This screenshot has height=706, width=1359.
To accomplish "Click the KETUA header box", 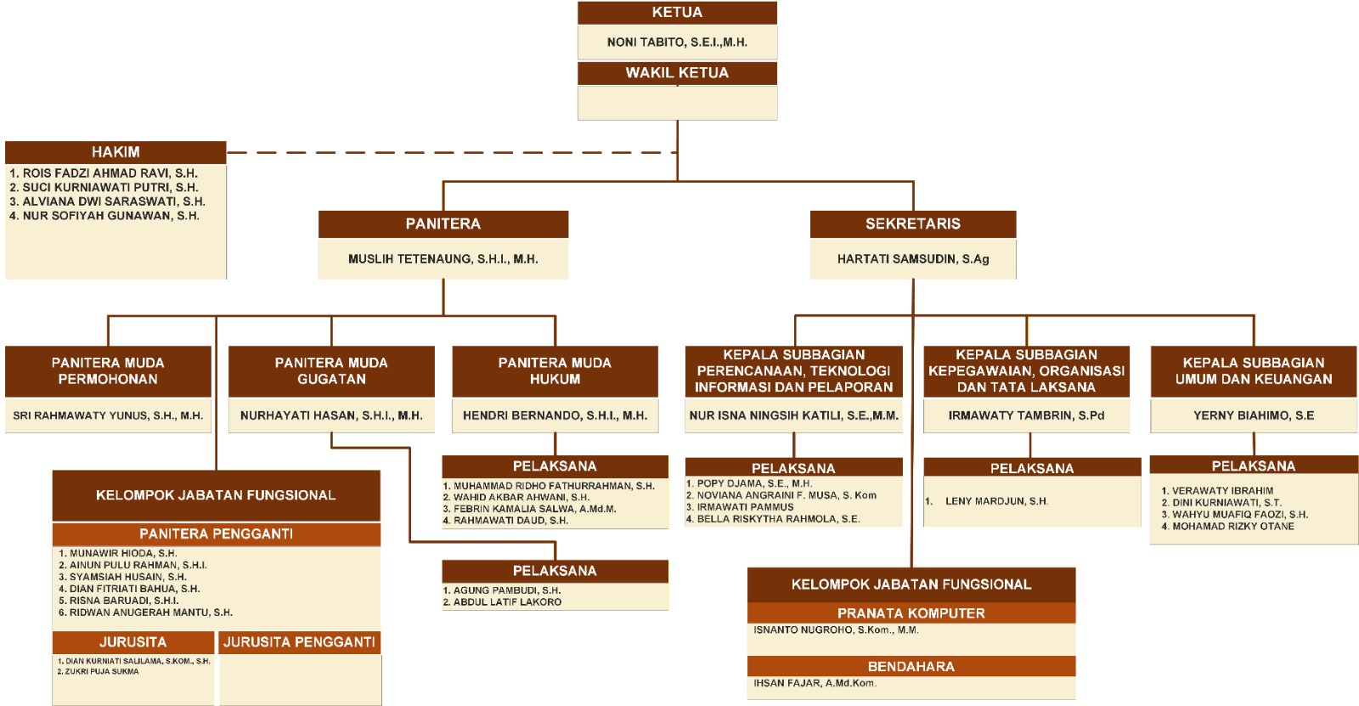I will (x=677, y=13).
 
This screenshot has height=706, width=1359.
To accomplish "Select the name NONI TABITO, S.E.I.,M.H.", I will (x=677, y=42).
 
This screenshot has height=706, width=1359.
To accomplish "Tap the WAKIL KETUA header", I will (x=677, y=73).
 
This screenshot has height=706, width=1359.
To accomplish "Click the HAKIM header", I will (x=116, y=152).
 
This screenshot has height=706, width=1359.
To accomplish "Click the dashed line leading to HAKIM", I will (x=450, y=153).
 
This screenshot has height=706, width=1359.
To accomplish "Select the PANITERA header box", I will (x=443, y=224).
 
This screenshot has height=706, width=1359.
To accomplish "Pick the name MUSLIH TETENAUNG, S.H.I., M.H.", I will (x=443, y=259).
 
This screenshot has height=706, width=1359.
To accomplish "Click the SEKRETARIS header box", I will (x=912, y=224).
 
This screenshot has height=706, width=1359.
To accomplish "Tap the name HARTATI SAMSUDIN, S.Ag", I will (x=912, y=259).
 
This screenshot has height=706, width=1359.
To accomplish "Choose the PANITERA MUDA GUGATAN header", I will (x=331, y=371).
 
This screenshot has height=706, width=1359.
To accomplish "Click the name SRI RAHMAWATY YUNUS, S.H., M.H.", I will (x=108, y=415).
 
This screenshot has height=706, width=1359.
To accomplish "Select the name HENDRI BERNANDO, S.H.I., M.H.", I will (x=555, y=415).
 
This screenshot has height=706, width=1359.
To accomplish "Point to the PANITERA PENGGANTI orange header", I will (x=216, y=534).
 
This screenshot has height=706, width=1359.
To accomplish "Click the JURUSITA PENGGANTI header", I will (x=299, y=642).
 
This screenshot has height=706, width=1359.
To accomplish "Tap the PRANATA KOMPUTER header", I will (x=911, y=613).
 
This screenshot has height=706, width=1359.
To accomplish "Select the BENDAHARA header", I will (x=911, y=667).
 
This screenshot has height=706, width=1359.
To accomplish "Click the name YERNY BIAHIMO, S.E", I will (x=1253, y=415).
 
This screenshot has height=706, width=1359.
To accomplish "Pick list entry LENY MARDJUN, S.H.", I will (x=995, y=501).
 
